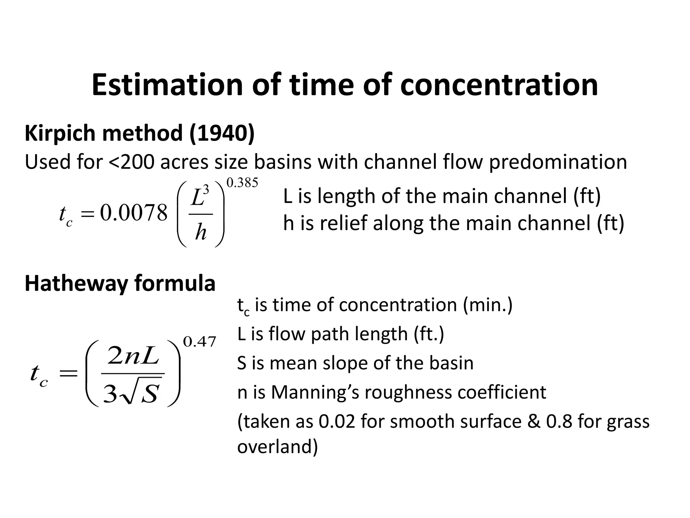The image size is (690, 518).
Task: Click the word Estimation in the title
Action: pyautogui.click(x=167, y=85)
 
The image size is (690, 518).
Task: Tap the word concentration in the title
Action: pyautogui.click(x=499, y=85)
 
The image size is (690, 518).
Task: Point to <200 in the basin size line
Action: pyautogui.click(x=132, y=162)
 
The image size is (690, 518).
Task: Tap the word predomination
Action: pyautogui.click(x=558, y=162)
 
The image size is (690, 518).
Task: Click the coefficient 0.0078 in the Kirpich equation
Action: pyautogui.click(x=133, y=213)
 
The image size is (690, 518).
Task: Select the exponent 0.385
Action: pyautogui.click(x=242, y=183)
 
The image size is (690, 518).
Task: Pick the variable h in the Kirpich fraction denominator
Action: pyautogui.click(x=201, y=233)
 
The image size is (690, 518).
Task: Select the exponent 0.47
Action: pyautogui.click(x=199, y=342)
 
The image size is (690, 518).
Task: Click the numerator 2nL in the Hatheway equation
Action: pyautogui.click(x=133, y=357)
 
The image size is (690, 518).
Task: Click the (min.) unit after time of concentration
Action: pyautogui.click(x=488, y=305)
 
